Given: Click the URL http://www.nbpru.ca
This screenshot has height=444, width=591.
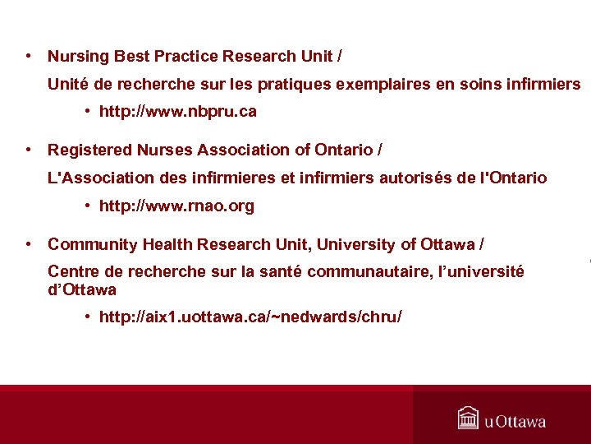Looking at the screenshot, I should [177, 112].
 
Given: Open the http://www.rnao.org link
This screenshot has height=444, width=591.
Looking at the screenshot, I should [176, 206].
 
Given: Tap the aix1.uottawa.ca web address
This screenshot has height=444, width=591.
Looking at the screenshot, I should [250, 317].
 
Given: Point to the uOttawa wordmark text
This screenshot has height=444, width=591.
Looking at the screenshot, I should [515, 422].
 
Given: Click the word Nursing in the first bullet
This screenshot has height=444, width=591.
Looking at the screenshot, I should [78, 57].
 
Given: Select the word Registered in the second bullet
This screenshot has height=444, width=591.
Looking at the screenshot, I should [89, 150].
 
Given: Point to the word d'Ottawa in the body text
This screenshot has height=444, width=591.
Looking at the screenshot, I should [82, 290].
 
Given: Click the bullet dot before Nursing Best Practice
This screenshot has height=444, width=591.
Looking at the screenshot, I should [28, 57].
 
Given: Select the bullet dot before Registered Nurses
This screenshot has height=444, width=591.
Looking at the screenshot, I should [28, 150].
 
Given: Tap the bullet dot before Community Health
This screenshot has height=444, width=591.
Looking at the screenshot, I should [28, 244].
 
